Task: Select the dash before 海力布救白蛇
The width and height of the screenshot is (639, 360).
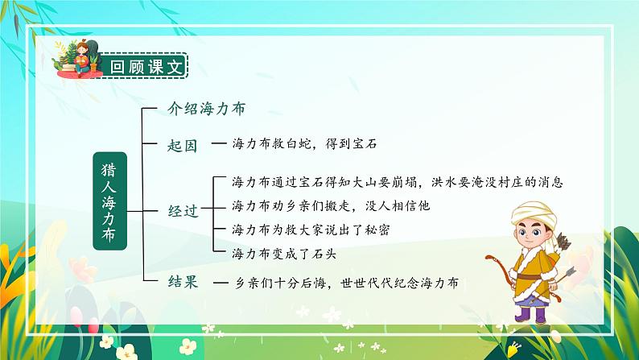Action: (217, 145)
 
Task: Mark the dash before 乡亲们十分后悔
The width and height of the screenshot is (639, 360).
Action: (217, 283)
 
